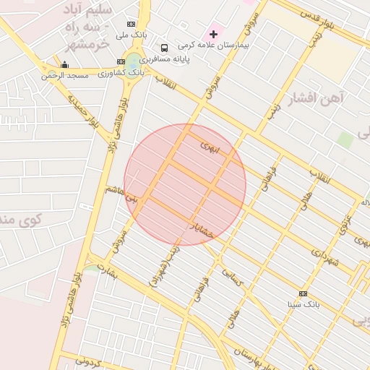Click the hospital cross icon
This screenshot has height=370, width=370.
point(213,34)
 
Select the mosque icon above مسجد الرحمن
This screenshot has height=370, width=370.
point(65,65)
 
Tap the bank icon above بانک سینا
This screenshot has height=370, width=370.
point(302,293)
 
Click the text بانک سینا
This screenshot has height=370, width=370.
point(302,304)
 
